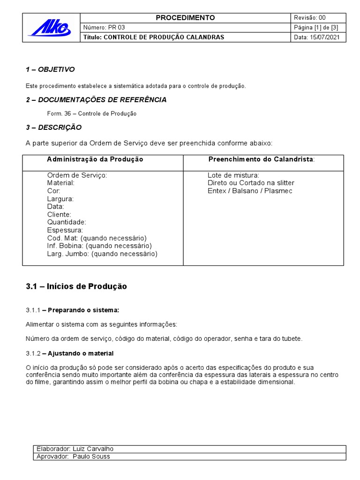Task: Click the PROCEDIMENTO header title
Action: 185,18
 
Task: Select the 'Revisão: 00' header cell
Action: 309,18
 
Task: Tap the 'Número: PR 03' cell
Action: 104,27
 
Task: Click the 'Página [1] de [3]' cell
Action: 315,27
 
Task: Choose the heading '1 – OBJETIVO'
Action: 50,69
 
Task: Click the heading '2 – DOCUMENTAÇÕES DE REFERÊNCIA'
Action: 96,99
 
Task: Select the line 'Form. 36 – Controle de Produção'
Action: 92,113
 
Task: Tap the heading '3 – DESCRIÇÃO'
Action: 53,127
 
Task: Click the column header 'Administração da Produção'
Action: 95,159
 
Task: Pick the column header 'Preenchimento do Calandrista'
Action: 262,159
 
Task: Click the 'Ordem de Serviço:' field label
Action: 77,175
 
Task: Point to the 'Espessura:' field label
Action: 65,230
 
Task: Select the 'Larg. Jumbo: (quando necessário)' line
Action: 102,254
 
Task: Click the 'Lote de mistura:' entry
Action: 233,175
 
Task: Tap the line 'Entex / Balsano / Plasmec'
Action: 250,191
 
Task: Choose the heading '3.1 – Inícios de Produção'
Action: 76,286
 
